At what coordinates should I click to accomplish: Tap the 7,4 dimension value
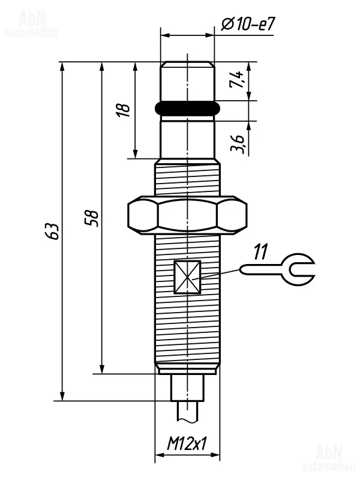point(236,80)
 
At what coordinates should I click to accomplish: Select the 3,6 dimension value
point(238,144)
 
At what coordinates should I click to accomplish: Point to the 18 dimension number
point(123,110)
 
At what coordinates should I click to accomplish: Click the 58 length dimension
point(92,218)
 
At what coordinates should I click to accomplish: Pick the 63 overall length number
point(51,232)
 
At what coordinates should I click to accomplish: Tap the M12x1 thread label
point(187,443)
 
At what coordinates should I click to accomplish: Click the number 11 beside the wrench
point(260,251)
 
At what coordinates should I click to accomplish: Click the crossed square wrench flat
point(187,277)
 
